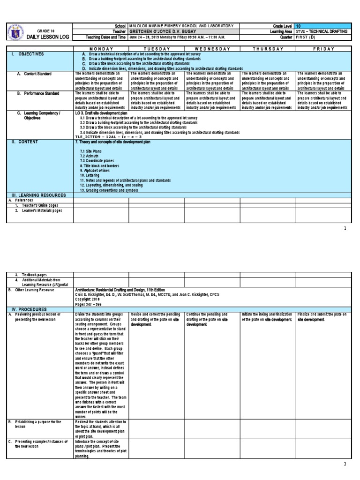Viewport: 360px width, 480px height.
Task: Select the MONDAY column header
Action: [101, 49]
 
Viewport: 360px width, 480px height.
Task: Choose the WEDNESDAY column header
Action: [212, 49]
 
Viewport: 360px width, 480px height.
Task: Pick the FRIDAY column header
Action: [323, 49]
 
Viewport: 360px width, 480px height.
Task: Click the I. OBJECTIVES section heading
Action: [29, 54]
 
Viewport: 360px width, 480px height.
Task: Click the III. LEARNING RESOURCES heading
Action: [37, 195]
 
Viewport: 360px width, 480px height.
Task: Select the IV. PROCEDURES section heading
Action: [31, 309]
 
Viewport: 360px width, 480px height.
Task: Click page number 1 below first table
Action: [345, 228]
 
